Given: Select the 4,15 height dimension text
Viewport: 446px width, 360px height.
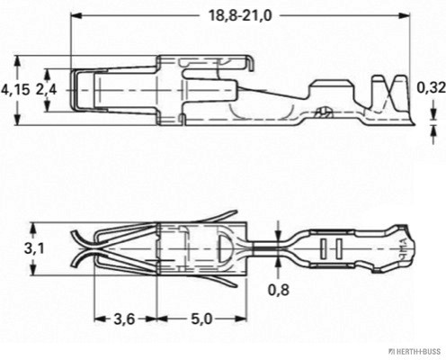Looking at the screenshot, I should pyautogui.click(x=15, y=89).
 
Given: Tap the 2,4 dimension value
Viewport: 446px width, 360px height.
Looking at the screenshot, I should pyautogui.click(x=49, y=89).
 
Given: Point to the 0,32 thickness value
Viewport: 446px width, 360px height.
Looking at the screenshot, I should pyautogui.click(x=432, y=88).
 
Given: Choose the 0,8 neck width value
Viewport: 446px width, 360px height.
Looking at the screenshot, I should pyautogui.click(x=280, y=291).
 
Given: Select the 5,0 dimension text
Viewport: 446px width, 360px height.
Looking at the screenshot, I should pyautogui.click(x=201, y=319).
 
